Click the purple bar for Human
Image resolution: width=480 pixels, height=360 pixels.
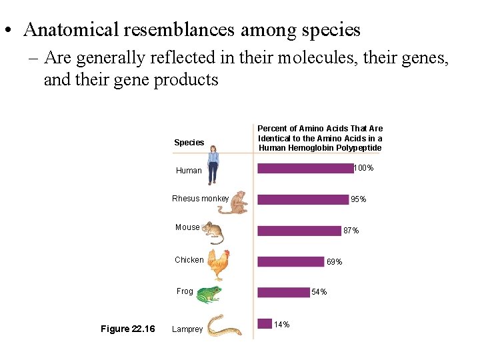click(x=305, y=169)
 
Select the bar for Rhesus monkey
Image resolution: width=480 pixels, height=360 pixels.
click(x=303, y=199)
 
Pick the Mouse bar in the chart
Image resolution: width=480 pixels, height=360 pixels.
click(x=299, y=231)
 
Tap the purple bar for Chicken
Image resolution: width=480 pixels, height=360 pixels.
click(x=290, y=262)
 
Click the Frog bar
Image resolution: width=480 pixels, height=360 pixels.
click(x=283, y=292)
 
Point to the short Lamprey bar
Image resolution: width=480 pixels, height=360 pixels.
click(x=264, y=323)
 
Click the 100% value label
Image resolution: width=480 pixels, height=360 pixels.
click(x=364, y=168)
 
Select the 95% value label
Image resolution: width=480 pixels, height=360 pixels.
click(x=358, y=199)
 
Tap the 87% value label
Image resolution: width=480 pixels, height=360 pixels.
click(x=351, y=231)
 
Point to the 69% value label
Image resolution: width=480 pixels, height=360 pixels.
click(x=334, y=262)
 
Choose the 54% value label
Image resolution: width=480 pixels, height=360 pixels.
click(x=319, y=292)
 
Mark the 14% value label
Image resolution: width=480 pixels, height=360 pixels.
click(x=282, y=325)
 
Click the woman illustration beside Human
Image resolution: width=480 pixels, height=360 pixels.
click(x=213, y=167)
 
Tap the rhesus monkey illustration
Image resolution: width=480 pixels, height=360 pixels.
click(x=233, y=202)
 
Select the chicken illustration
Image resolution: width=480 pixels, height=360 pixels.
click(x=218, y=265)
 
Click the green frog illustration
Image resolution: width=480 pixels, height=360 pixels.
click(x=209, y=294)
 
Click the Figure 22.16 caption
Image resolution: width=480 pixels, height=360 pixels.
click(x=127, y=329)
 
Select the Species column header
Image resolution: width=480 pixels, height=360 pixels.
click(x=189, y=143)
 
